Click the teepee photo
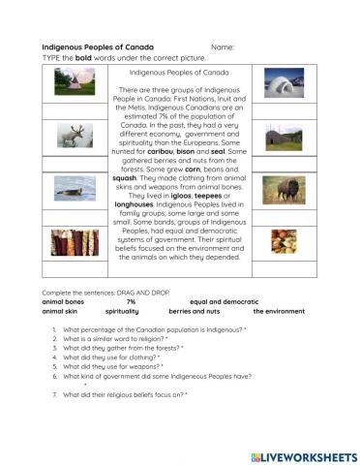pyautogui.click(x=75, y=81)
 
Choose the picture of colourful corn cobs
pyautogui.click(x=75, y=241)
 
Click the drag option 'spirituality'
pyautogui.click(x=122, y=312)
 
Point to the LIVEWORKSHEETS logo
pyautogui.click(x=303, y=455)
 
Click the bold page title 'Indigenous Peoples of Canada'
pyautogui.click(x=98, y=47)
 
